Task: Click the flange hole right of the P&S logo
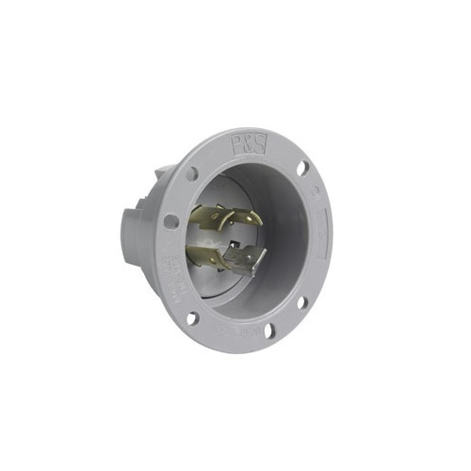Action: [302, 169]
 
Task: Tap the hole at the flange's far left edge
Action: [171, 221]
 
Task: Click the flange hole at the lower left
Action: [192, 317]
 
